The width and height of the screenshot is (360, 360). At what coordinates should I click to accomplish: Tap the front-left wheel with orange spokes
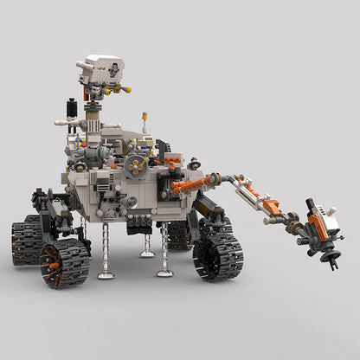click(x=66, y=261)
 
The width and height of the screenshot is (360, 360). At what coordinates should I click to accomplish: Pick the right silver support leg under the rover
click(x=164, y=249)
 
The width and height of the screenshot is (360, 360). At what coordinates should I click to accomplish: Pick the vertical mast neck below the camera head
click(x=103, y=108)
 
